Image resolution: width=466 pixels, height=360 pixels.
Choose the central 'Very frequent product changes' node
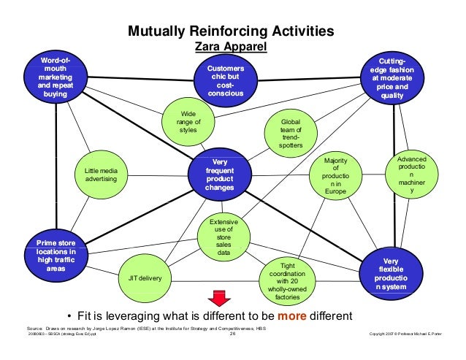pos(221,173)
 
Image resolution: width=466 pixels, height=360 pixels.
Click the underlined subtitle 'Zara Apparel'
pos(230,47)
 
